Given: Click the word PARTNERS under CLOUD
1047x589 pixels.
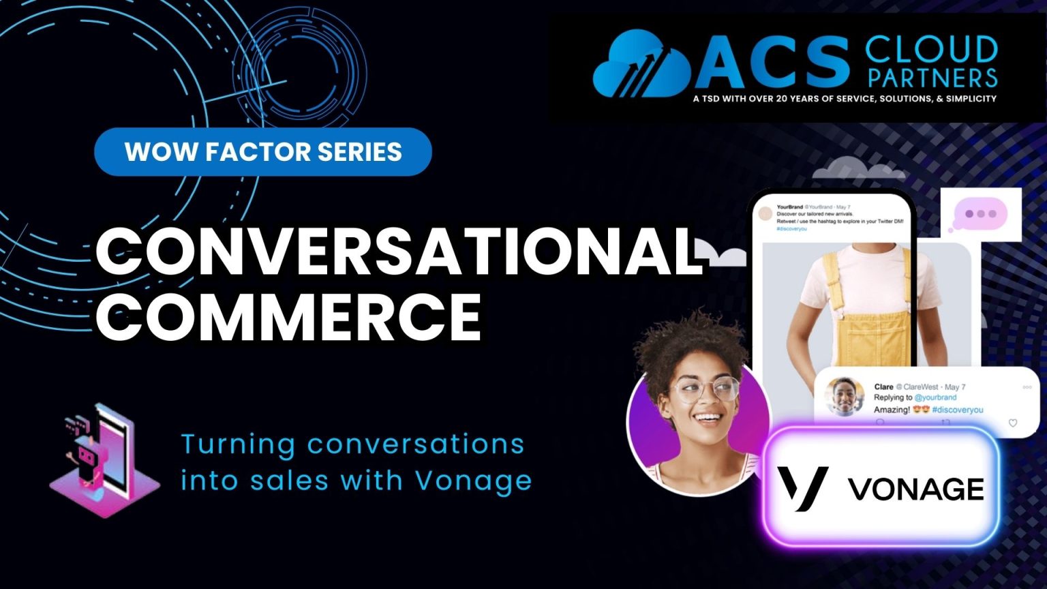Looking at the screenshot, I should coord(932,78).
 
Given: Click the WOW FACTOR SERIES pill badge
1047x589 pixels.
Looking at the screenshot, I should coord(263,151).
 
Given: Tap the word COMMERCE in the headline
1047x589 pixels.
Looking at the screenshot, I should coord(289,315).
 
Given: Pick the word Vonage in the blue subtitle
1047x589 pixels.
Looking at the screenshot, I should coord(473,481).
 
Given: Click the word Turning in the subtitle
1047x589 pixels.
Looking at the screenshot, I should coord(238,444).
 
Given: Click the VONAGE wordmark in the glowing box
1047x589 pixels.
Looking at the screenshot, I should coord(915,489).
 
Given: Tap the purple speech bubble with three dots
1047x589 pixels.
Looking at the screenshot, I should coord(980,214).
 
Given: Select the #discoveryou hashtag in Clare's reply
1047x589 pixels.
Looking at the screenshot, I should coord(957,410).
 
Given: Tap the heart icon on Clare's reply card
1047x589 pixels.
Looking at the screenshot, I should coord(1012,423).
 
